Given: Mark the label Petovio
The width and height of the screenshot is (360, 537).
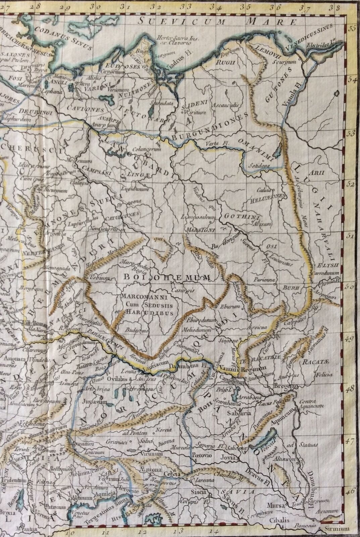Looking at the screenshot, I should pyautogui.click(x=201, y=456).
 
